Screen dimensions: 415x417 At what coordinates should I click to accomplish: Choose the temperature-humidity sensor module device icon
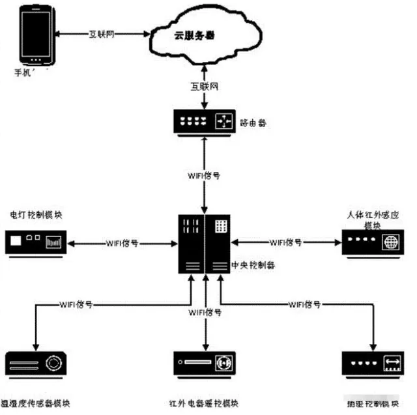click(x=36, y=362)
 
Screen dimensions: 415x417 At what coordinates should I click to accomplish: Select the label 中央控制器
click(x=253, y=266)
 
